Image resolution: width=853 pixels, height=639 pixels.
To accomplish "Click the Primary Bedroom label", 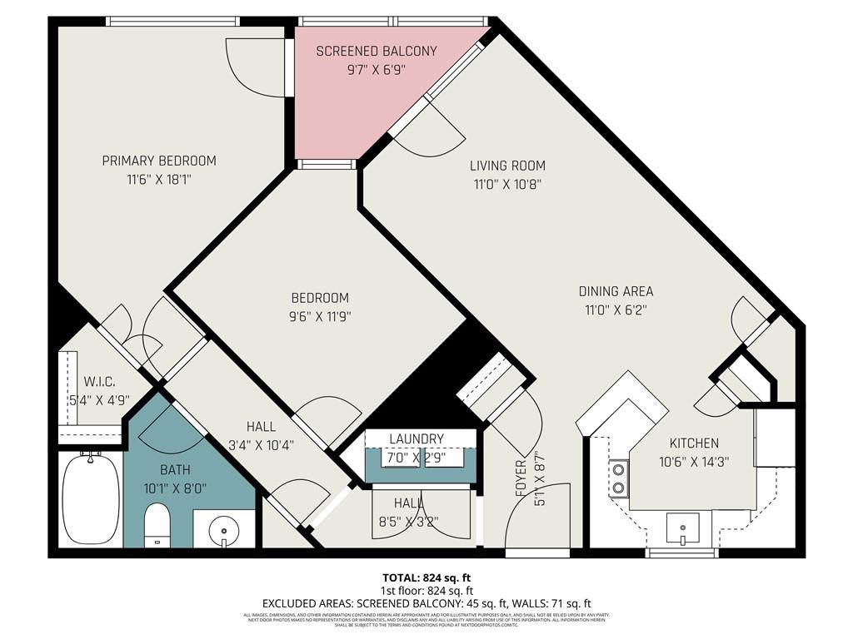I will pyautogui.click(x=158, y=161).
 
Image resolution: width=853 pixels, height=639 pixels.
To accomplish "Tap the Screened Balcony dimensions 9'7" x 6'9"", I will pyautogui.click(x=376, y=70).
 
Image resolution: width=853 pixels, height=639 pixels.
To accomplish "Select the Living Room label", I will pyautogui.click(x=506, y=166).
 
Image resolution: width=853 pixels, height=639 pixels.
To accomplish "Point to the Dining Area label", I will pyautogui.click(x=616, y=291).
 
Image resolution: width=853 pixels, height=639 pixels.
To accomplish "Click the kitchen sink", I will pyautogui.click(x=683, y=526).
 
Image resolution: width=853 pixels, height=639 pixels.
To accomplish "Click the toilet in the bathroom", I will pyautogui.click(x=157, y=526).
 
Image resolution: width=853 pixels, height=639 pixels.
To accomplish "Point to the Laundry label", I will pyautogui.click(x=417, y=438).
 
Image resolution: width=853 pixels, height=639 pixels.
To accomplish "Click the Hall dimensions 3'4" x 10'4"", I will pyautogui.click(x=261, y=444).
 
